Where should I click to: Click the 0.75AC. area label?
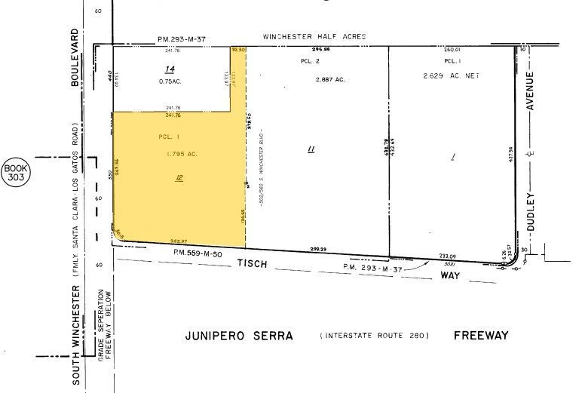(168, 82)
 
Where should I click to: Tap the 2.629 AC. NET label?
(452, 76)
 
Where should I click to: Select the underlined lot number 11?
(311, 150)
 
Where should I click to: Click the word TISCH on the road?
(253, 263)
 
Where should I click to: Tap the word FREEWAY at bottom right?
(481, 335)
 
